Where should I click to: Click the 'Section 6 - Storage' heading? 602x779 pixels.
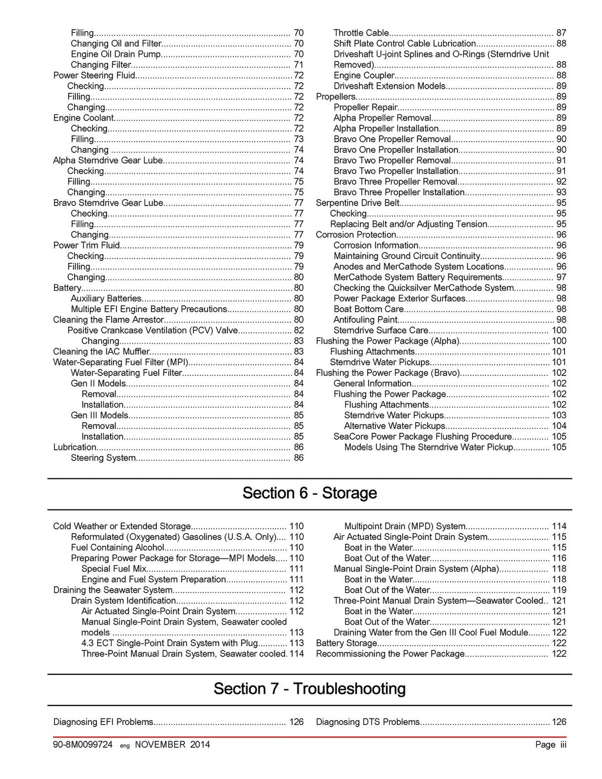pyautogui.click(x=309, y=493)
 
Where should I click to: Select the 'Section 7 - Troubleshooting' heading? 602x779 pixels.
pyautogui.click(x=309, y=689)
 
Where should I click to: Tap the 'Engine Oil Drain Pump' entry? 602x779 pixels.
pyautogui.click(x=116, y=54)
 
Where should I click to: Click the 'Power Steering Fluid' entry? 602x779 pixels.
pyautogui.click(x=94, y=75)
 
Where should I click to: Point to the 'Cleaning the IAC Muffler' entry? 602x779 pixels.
pyautogui.click(x=102, y=351)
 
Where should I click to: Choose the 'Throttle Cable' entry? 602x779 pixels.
pyautogui.click(x=361, y=33)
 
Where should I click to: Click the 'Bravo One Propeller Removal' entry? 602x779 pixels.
pyautogui.click(x=392, y=139)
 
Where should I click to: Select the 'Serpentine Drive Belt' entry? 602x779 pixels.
pyautogui.click(x=357, y=203)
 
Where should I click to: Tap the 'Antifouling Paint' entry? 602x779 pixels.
pyautogui.click(x=365, y=320)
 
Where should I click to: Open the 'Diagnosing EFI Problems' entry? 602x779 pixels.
pyautogui.click(x=103, y=722)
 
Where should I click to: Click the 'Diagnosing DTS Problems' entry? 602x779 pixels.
pyautogui.click(x=368, y=722)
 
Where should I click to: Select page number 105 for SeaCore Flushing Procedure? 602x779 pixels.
pyautogui.click(x=559, y=436)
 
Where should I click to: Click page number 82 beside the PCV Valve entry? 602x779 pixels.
pyautogui.click(x=299, y=330)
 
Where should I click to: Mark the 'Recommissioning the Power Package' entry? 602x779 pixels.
pyautogui.click(x=390, y=654)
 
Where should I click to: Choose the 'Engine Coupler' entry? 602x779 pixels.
pyautogui.click(x=364, y=75)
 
